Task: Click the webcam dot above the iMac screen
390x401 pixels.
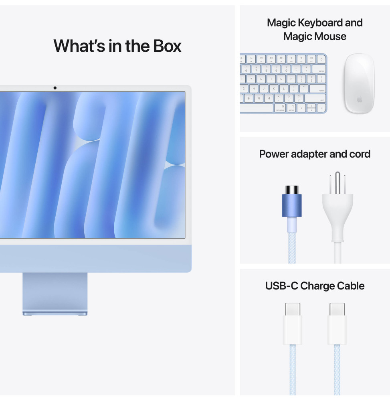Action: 55,88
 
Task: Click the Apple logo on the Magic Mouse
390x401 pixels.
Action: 359,99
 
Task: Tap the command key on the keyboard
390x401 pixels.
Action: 280,108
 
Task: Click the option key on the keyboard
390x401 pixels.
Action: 291,108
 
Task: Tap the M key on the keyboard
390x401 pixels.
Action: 269,98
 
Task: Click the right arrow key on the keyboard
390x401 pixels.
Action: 321,108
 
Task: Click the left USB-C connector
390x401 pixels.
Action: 293,324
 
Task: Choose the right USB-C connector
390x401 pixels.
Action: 337,324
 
